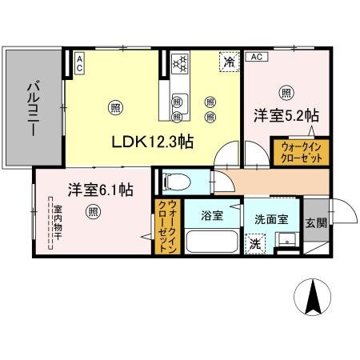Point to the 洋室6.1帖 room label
[x=100, y=190]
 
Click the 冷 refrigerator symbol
[x=229, y=61]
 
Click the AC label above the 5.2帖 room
[x=256, y=57]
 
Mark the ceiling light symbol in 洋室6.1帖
[x=94, y=212]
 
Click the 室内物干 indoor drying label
[x=58, y=224]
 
